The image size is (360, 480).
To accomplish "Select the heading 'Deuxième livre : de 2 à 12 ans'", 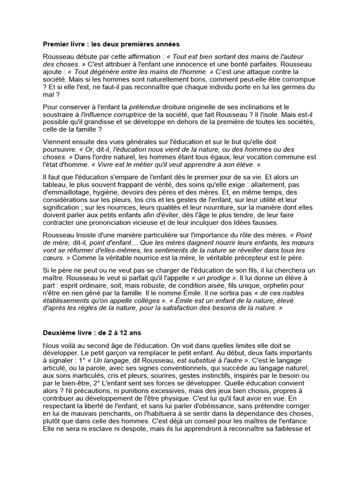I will (x=91, y=333).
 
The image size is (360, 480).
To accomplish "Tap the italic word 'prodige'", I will (x=212, y=277).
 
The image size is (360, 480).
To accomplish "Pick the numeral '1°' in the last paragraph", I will (x=79, y=360).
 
